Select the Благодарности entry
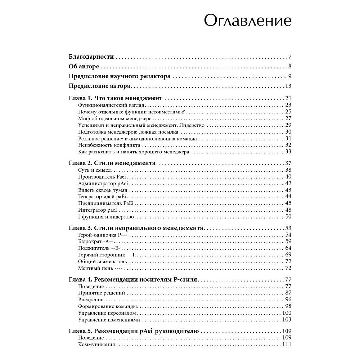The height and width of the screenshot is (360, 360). point(91,57)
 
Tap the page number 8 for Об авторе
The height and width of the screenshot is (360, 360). point(289,67)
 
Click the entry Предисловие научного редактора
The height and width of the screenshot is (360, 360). point(120,76)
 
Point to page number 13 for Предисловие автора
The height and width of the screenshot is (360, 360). point(288,86)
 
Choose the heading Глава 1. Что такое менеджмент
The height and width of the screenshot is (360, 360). point(116,98)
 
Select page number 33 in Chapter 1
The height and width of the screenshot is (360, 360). point(288,152)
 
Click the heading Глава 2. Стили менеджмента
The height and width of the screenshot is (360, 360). point(112,163)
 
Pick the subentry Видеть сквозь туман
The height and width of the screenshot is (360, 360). point(99,190)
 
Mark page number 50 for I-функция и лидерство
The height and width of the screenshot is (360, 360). point(288,216)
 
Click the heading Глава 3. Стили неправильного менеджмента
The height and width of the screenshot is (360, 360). point(136,228)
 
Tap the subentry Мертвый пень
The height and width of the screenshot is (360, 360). point(95,268)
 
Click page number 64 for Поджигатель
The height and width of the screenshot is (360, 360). point(288,248)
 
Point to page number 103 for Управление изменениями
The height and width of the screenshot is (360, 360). point(287,320)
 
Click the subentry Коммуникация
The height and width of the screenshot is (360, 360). point(96,345)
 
